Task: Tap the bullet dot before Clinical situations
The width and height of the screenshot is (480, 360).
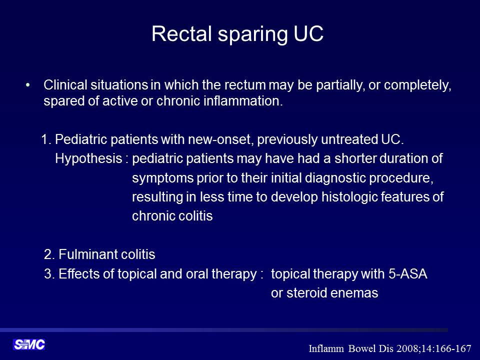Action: [x=28, y=85]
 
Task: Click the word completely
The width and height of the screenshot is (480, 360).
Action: [x=417, y=85]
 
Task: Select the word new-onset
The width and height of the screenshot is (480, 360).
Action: [x=220, y=139]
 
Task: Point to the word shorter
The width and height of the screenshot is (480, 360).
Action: [x=355, y=158]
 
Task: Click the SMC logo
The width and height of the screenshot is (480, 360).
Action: [x=29, y=344]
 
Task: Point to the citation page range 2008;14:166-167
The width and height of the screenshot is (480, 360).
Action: [x=434, y=348]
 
